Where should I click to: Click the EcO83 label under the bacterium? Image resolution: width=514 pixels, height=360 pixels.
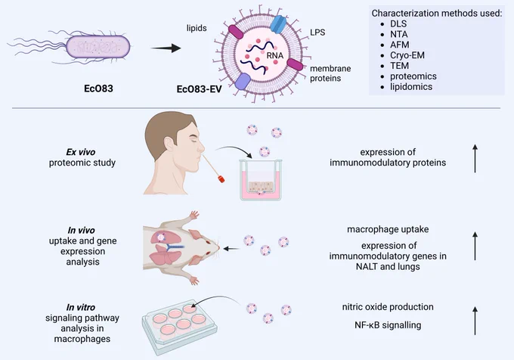point(98,88)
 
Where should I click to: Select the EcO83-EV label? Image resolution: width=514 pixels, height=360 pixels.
point(199,89)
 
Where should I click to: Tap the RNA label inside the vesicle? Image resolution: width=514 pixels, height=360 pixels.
point(274,55)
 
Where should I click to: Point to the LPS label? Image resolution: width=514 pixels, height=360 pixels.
point(317,32)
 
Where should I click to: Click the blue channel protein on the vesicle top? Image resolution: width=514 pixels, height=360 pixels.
point(278,24)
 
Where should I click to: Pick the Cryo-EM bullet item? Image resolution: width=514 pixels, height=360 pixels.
point(407,55)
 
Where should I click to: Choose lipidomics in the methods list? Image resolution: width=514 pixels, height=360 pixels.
point(411,86)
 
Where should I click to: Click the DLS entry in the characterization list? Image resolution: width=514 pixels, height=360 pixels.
point(398,23)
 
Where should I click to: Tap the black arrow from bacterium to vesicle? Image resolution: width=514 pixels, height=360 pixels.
point(166,48)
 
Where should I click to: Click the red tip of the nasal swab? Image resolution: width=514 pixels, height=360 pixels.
point(221,178)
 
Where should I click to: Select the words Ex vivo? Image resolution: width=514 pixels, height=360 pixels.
point(81,152)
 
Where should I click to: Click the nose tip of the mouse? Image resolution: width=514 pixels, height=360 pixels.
point(218,248)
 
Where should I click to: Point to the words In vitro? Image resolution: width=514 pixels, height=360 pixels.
point(81,307)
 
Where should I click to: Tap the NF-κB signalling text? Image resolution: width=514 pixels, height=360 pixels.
point(388,325)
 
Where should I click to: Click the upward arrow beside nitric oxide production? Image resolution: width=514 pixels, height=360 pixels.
point(475,321)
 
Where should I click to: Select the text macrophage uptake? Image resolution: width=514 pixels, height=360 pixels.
point(388,229)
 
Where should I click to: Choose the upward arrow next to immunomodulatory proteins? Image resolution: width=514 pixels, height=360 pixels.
point(475,158)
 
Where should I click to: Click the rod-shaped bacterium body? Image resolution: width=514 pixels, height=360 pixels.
point(98,47)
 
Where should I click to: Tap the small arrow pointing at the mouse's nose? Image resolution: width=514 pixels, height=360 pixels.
point(232,249)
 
